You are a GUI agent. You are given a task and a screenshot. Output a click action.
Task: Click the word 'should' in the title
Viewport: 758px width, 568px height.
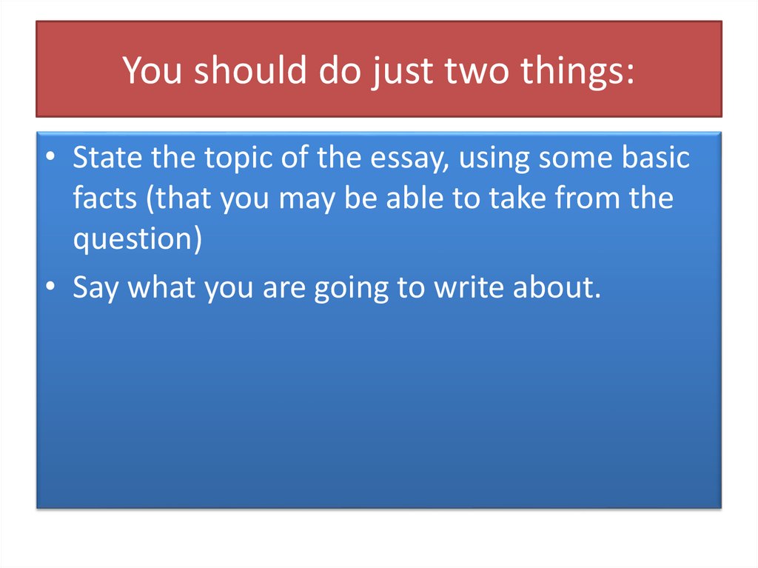[x=243, y=71]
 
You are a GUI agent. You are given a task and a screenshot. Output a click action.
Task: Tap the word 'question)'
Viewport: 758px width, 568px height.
[x=138, y=241]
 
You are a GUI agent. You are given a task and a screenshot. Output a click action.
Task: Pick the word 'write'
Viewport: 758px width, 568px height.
[x=468, y=288]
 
